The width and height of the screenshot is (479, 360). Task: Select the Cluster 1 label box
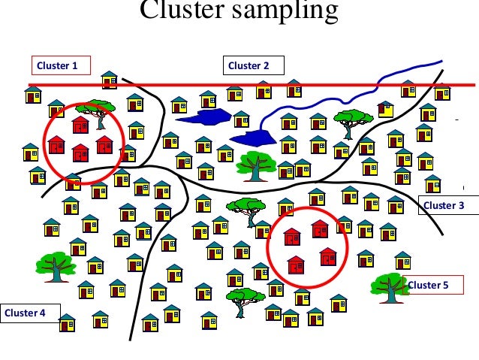coord(60,66)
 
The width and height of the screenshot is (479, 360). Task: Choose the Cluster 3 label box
coord(444,205)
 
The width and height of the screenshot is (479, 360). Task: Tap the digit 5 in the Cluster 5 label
coord(445,285)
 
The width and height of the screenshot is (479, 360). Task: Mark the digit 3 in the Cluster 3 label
coord(462,205)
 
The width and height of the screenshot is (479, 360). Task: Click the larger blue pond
coord(203,116)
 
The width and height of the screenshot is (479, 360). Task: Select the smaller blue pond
coord(255,138)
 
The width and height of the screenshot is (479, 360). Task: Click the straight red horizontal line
coord(338,84)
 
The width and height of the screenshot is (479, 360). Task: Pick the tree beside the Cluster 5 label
coord(390,286)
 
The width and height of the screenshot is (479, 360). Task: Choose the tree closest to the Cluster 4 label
coord(54,265)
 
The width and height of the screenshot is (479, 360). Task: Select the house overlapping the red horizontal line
coord(110,80)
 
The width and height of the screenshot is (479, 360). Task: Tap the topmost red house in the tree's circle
coord(80,124)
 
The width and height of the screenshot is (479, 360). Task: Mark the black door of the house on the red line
coord(107,84)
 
